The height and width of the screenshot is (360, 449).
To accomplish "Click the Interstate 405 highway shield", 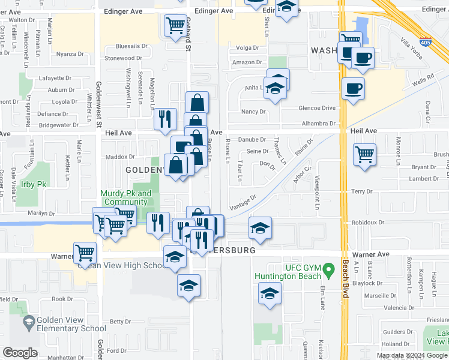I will [x=424, y=43].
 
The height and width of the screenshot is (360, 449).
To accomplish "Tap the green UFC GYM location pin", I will [x=328, y=271].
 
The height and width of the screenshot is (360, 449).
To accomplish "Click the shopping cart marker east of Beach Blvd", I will [x=364, y=155].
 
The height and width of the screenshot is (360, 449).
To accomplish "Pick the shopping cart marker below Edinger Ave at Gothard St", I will [x=175, y=26].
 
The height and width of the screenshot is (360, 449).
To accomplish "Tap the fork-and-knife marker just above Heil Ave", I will [x=165, y=118].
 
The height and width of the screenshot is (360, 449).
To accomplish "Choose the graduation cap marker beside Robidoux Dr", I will [x=260, y=228].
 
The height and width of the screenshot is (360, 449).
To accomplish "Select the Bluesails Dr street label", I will [x=131, y=46].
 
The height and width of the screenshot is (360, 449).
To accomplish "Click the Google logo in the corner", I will [x=20, y=353].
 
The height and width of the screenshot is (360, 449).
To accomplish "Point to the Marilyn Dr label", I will [x=40, y=213].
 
